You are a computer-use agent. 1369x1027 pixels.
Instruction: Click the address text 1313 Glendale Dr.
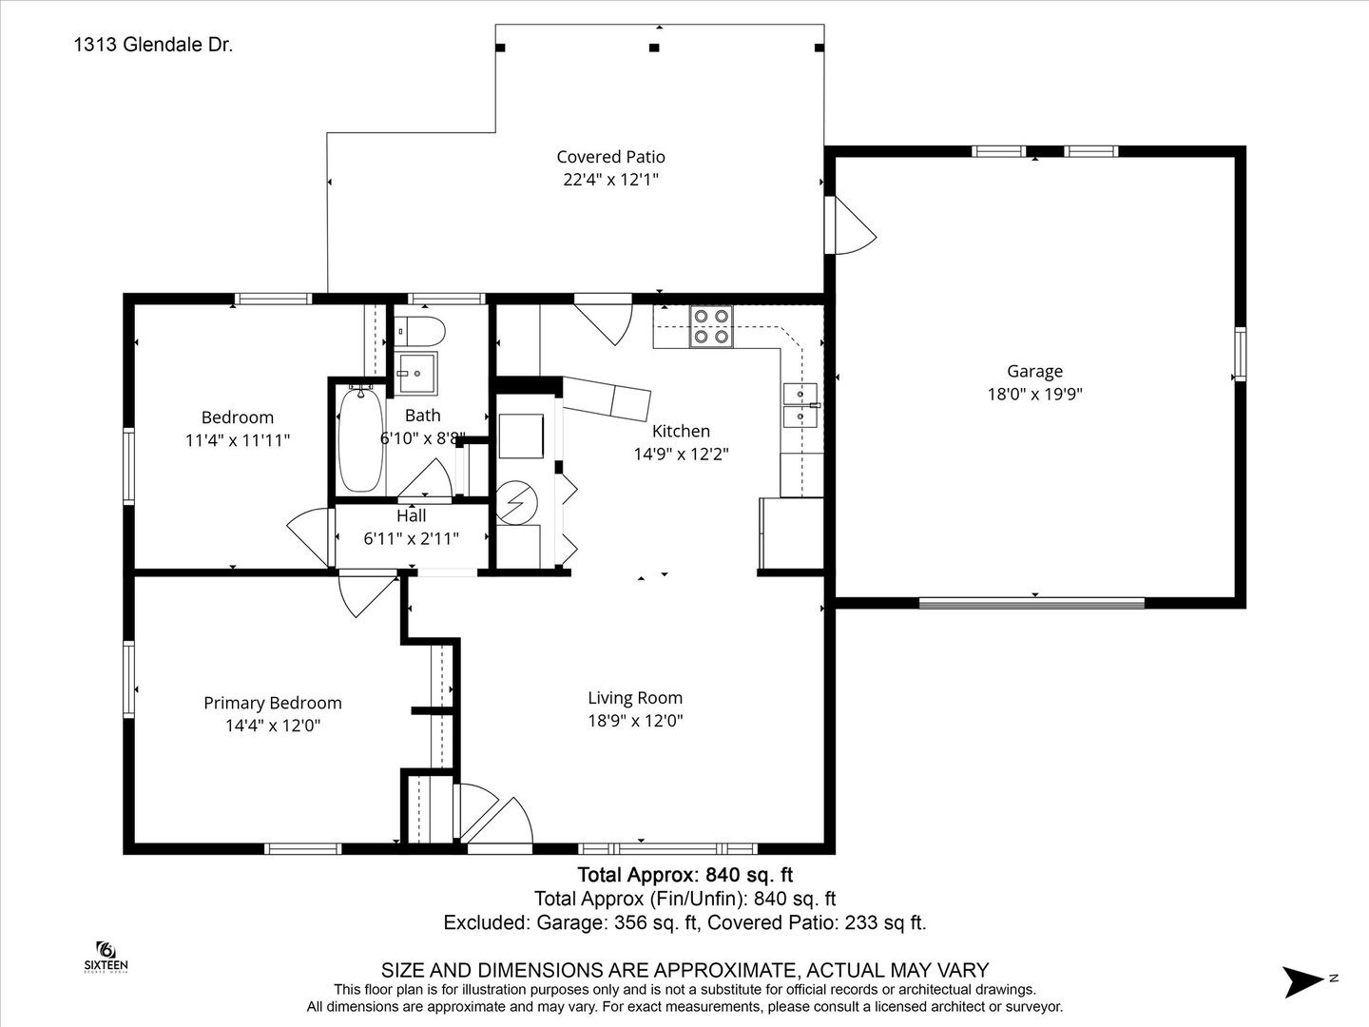(x=153, y=45)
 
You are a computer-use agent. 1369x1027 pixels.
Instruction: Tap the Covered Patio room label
(x=610, y=157)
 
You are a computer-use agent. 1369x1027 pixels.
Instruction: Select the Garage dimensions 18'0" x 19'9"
(x=1034, y=394)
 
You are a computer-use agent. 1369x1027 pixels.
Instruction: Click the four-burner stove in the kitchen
(x=711, y=327)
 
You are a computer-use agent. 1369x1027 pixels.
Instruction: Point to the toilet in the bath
(x=419, y=331)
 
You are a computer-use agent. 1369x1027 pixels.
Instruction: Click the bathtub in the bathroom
(x=360, y=439)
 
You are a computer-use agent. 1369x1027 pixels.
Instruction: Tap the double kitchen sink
(x=800, y=405)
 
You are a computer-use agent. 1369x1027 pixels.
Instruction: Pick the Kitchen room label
(x=681, y=431)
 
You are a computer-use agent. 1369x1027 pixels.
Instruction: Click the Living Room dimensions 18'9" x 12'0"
(x=636, y=721)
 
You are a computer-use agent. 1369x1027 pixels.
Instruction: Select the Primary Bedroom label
(x=273, y=703)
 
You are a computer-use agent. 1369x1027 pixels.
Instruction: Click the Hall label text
(x=412, y=515)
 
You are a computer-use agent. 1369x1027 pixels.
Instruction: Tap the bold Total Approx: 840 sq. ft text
(x=684, y=875)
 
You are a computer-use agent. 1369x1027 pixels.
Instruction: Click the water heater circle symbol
(x=516, y=503)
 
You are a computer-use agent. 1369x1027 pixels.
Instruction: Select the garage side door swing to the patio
(x=851, y=225)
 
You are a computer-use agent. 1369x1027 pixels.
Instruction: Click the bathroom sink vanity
(x=417, y=374)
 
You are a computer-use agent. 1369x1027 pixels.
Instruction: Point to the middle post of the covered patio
(x=654, y=48)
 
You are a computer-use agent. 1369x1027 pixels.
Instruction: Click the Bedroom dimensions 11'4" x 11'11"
(x=238, y=440)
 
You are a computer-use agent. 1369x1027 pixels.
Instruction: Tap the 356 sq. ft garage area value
(x=655, y=922)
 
